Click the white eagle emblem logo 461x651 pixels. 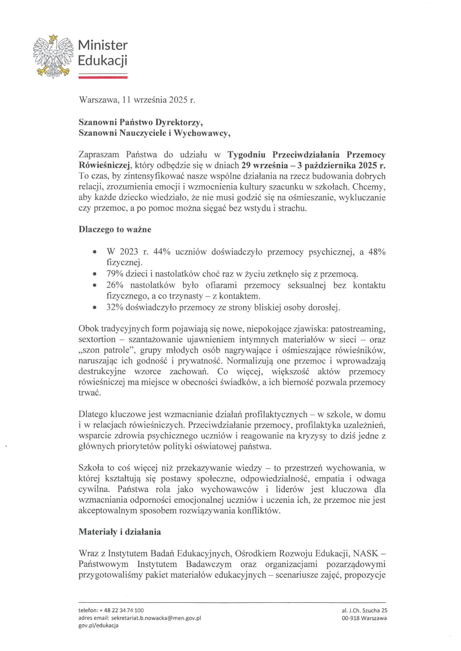tap(53, 56)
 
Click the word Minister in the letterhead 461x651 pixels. tap(103, 45)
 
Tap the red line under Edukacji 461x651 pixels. tap(103, 77)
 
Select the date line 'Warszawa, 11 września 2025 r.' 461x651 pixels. tap(137, 100)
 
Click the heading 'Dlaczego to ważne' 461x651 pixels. tap(115, 230)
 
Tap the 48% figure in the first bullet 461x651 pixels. tap(377, 252)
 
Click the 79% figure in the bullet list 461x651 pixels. tap(115, 274)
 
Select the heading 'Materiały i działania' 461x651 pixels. tap(119, 532)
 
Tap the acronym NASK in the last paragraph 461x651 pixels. tap(365, 553)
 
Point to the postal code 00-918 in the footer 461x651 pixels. tap(350, 618)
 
